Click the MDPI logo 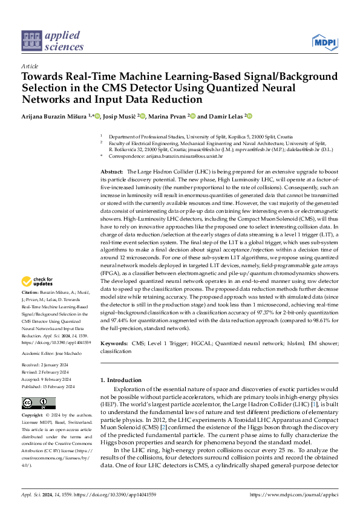click(324, 41)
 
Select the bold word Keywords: click(114, 343)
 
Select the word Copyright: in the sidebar click(33, 416)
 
